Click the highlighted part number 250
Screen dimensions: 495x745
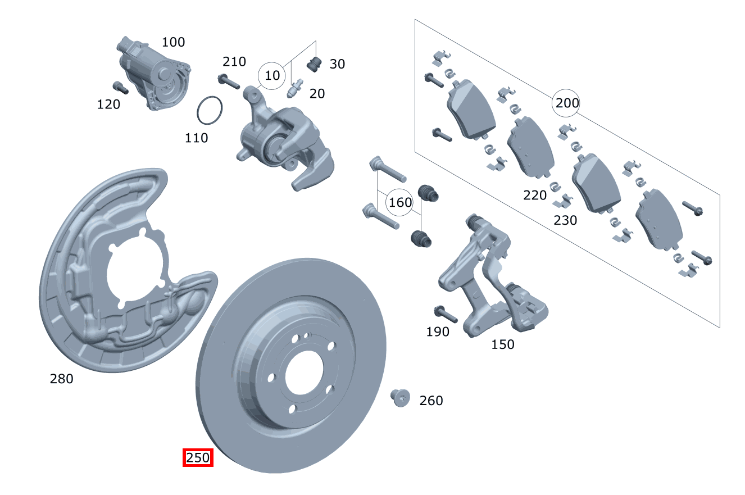tap(198, 458)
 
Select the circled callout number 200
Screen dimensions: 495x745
tap(566, 103)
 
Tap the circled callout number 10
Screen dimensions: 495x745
tap(272, 75)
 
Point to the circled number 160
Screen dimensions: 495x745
tap(400, 202)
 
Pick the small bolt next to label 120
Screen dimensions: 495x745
tap(120, 88)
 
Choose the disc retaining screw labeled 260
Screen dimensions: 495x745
tap(399, 397)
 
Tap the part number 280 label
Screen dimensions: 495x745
tap(61, 379)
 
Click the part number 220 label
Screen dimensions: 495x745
tap(534, 195)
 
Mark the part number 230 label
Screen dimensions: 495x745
tap(565, 220)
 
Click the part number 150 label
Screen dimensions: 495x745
tap(502, 344)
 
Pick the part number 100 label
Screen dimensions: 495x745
tap(173, 42)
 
